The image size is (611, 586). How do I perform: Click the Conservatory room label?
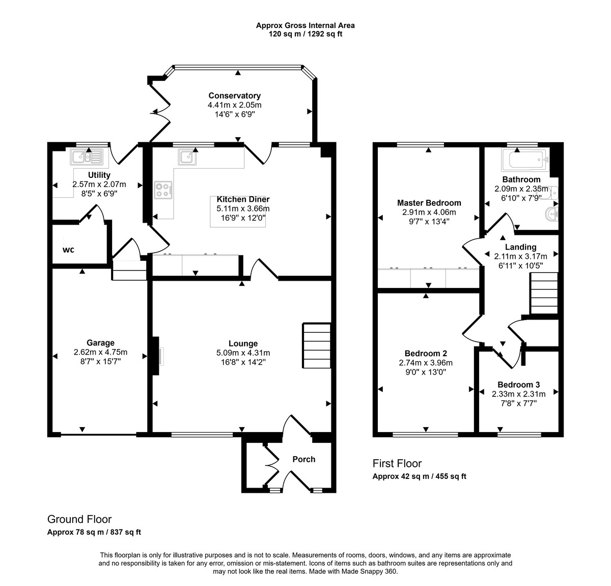point(234,96)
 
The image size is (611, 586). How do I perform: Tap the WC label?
point(69,250)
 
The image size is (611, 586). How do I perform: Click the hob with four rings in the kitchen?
point(163,190)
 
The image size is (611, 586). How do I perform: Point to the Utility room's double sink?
point(87,157)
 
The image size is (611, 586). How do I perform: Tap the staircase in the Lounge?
point(317,345)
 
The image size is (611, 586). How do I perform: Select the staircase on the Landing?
point(544,294)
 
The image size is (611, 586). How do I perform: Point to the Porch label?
point(303,459)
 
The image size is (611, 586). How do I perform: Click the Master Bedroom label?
point(429,203)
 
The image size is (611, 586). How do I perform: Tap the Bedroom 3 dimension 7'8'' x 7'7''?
point(518,403)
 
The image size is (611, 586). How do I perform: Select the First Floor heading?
point(397,464)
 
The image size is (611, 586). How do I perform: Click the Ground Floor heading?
point(79,519)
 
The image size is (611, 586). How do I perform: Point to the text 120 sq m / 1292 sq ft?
point(305,34)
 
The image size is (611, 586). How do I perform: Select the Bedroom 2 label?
point(426,354)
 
